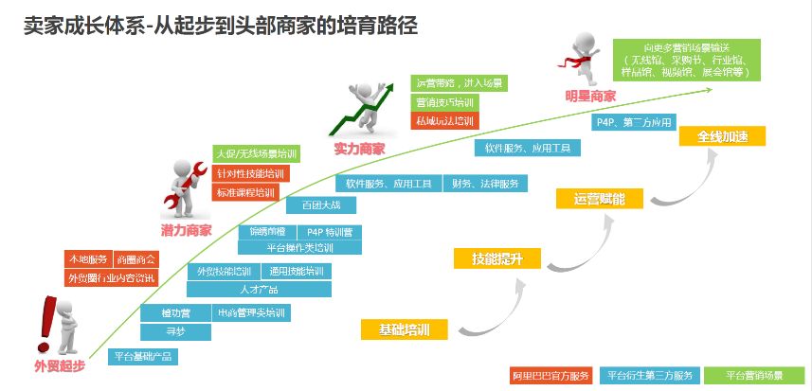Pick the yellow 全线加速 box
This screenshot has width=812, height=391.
(722, 136)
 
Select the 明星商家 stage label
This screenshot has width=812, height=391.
(590, 96)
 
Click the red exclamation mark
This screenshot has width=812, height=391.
(45, 319)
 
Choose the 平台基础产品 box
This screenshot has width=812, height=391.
(142, 357)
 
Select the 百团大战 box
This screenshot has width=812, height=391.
(313, 205)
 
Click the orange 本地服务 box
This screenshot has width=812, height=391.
(86, 258)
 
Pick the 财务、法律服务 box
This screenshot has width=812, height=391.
(485, 184)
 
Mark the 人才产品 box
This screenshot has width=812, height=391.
(259, 289)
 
